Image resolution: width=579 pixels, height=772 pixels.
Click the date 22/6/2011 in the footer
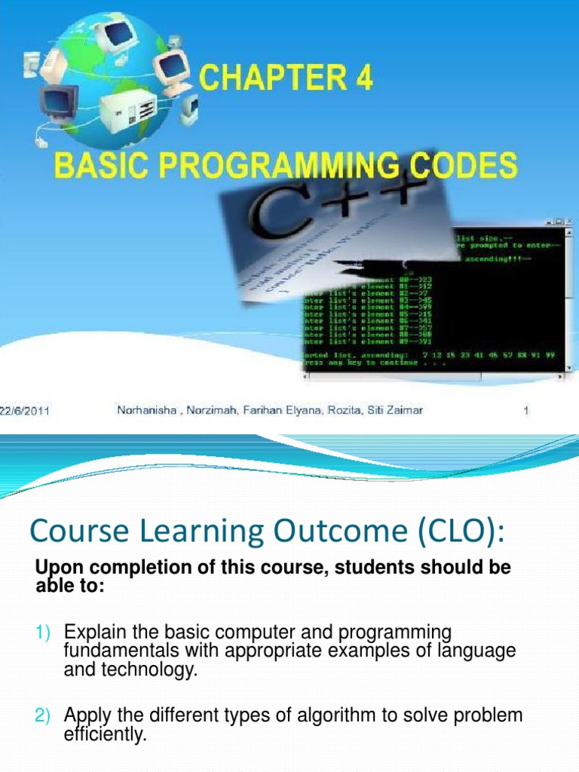25,412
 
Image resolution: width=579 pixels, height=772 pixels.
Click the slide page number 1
526,411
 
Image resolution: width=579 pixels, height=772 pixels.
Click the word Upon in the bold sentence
54,568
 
